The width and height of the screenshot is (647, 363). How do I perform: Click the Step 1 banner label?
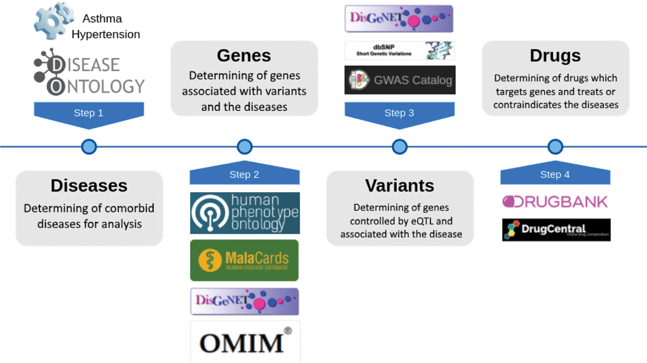89,113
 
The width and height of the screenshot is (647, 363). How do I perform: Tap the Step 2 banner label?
244,174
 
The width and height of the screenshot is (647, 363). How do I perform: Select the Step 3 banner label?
399,113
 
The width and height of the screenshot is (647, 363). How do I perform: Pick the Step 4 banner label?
555,174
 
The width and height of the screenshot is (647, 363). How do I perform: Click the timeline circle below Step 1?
89,147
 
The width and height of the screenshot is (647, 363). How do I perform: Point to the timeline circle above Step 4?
555,147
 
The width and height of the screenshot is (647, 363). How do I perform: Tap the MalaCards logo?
244,260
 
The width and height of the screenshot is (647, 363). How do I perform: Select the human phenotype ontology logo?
245,213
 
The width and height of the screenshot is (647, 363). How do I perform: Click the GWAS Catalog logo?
400,80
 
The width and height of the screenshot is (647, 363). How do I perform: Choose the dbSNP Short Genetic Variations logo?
399,51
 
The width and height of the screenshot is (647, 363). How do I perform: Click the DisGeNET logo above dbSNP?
399,19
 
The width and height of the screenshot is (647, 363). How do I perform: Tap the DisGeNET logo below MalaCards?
244,301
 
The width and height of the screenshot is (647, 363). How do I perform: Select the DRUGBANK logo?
555,202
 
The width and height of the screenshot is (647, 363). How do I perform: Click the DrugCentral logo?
556,230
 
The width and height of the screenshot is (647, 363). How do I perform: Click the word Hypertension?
105,34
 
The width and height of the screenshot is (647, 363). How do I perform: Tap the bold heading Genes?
244,55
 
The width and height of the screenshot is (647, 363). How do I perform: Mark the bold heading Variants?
399,186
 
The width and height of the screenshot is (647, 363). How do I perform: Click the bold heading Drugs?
555,55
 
